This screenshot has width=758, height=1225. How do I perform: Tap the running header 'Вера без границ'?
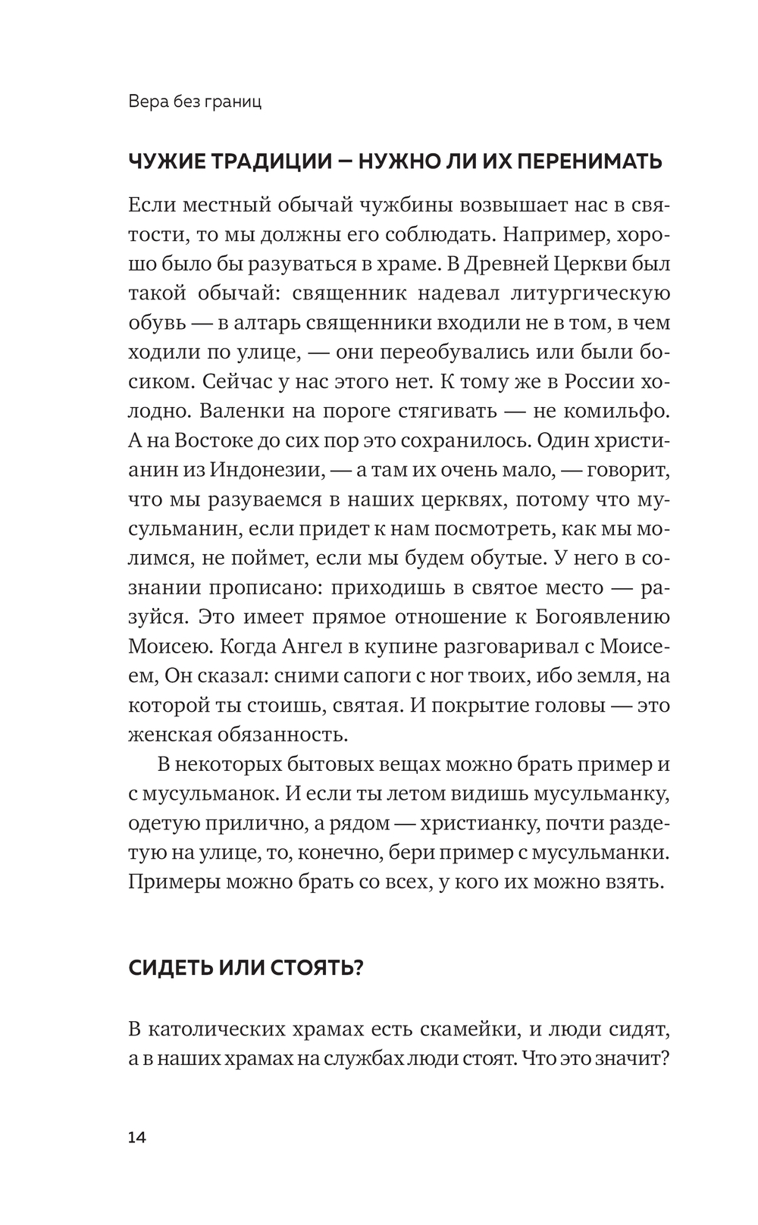[195, 102]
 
